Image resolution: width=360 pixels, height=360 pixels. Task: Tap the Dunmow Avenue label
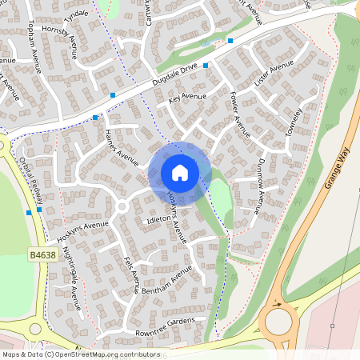pyautogui.click(x=259, y=186)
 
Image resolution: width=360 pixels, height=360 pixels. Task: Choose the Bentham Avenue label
pyautogui.click(x=167, y=281)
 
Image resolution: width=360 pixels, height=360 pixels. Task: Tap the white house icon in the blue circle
pyautogui.click(x=180, y=172)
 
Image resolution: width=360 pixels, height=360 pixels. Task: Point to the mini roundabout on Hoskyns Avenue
pyautogui.click(x=122, y=206)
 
